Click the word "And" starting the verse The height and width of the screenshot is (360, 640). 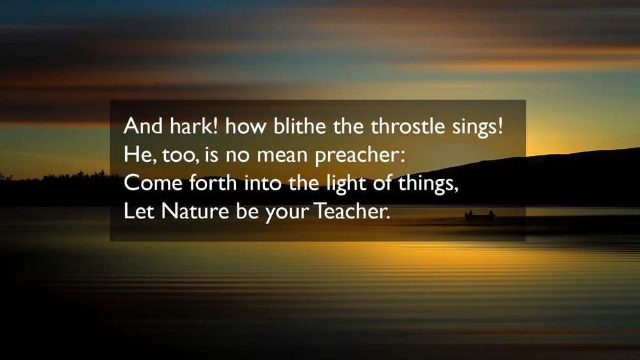coord(138,125)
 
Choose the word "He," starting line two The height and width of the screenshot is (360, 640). coord(136,155)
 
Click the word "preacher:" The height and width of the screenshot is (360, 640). coord(351,156)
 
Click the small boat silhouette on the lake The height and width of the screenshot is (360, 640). coord(479,215)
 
